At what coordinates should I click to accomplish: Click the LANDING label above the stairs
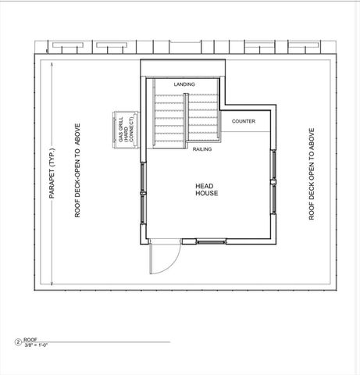(185, 84)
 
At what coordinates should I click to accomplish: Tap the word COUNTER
(244, 121)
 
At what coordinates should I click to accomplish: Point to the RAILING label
(203, 148)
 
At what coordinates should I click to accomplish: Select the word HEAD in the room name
(205, 185)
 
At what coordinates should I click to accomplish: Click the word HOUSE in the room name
(206, 193)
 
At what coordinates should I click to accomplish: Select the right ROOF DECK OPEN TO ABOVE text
(311, 172)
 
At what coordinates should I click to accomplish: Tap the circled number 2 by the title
(17, 341)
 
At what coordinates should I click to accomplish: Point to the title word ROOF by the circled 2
(30, 340)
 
